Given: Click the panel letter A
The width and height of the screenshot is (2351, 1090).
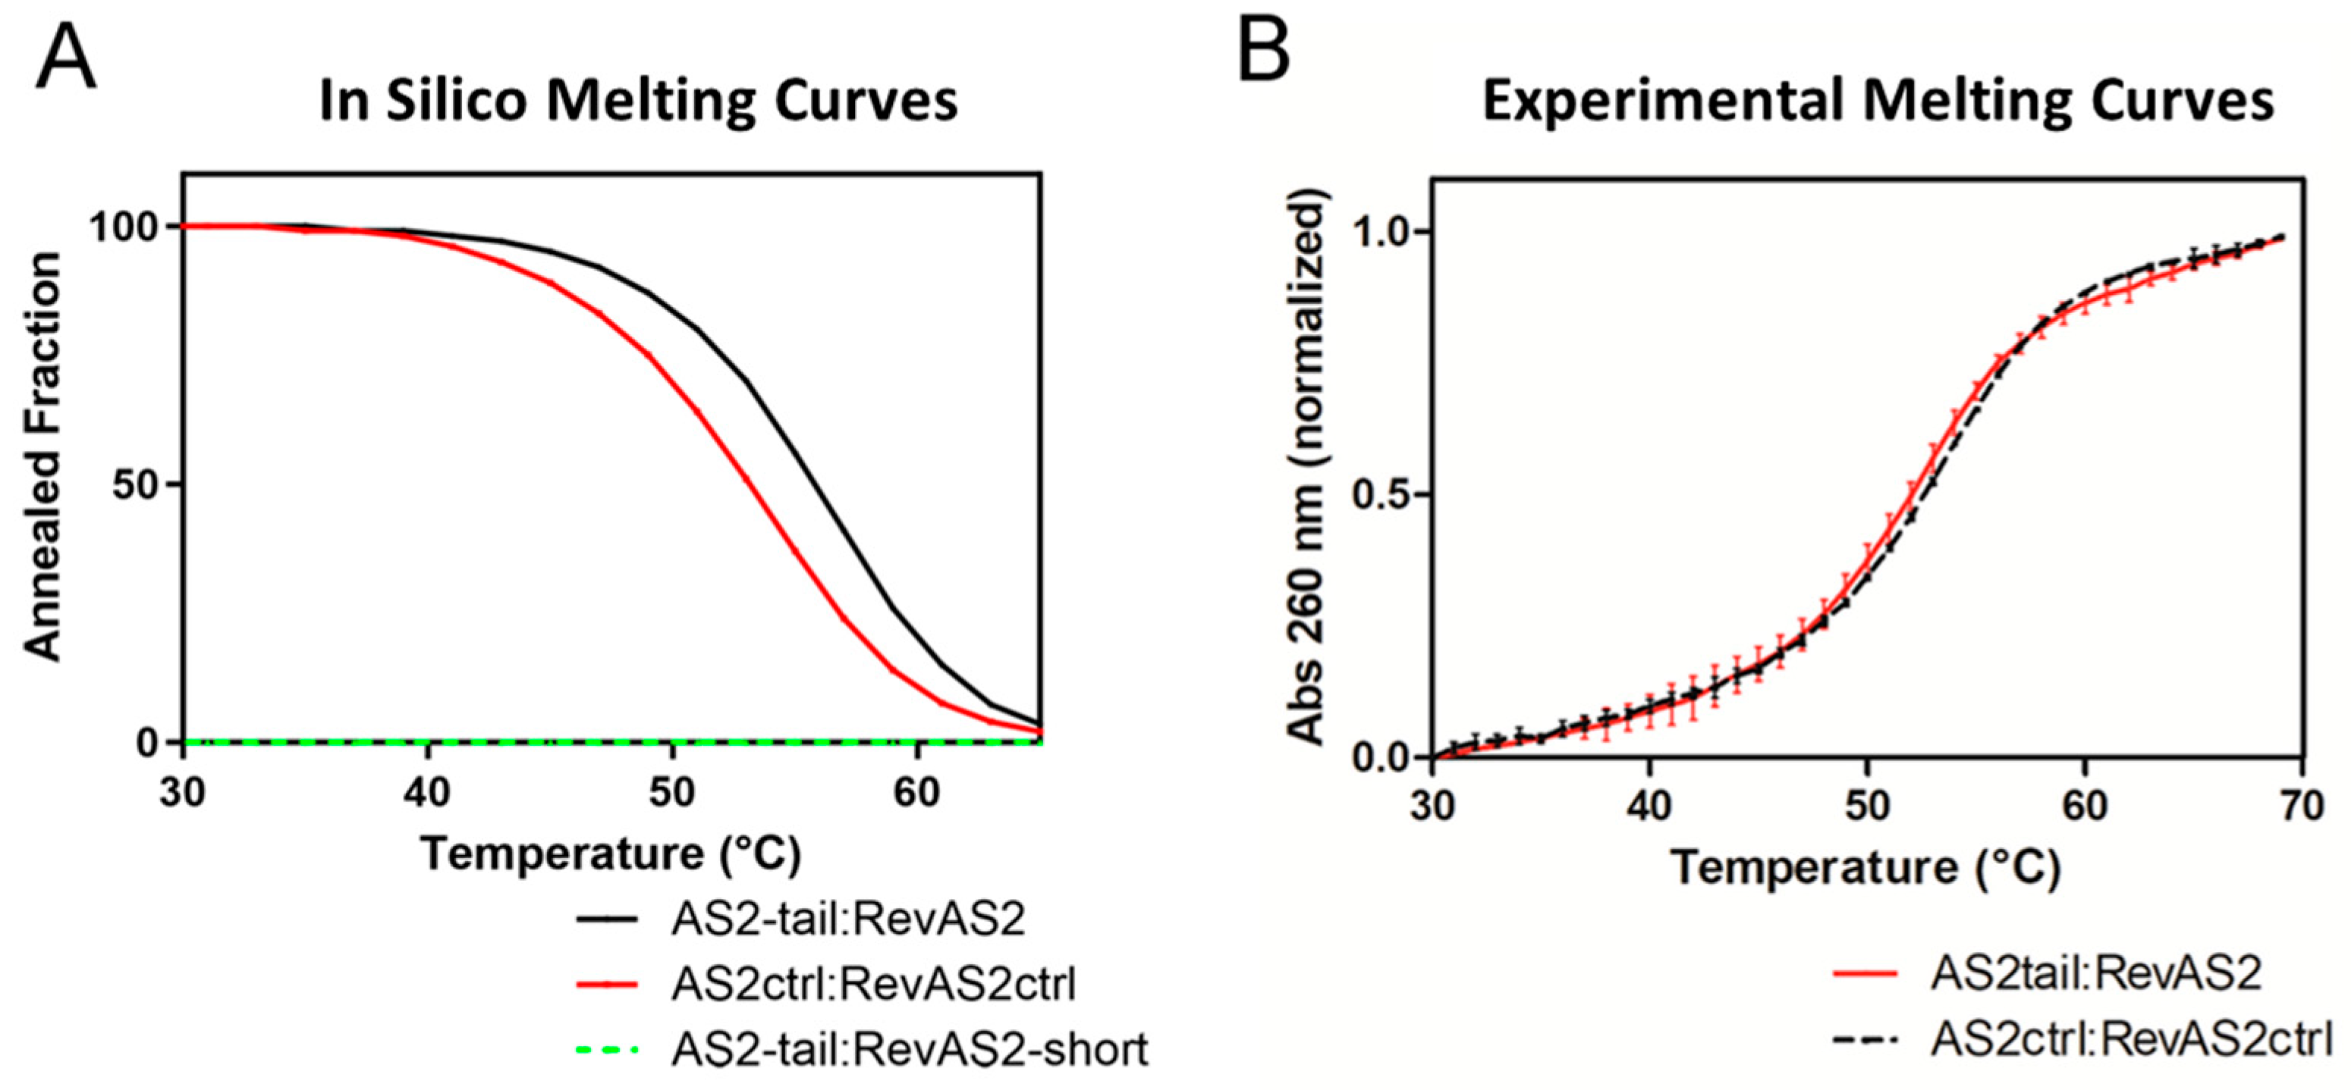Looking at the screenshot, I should (66, 57).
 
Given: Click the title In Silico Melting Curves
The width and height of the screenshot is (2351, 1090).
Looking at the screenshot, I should (638, 100).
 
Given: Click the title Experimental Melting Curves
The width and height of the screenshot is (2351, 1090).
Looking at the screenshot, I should (1878, 100).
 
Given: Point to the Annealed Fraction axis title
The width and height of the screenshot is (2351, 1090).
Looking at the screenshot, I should (43, 456).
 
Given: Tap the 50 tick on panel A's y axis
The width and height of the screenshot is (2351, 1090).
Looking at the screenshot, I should (137, 484).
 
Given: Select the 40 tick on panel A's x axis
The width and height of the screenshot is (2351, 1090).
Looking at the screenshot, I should (426, 793).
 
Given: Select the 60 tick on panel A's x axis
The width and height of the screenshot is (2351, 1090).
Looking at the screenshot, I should (916, 793).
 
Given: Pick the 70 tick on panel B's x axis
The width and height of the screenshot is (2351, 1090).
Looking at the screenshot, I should (2301, 806).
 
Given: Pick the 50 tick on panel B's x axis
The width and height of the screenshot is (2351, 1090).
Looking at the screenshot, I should (1866, 806).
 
